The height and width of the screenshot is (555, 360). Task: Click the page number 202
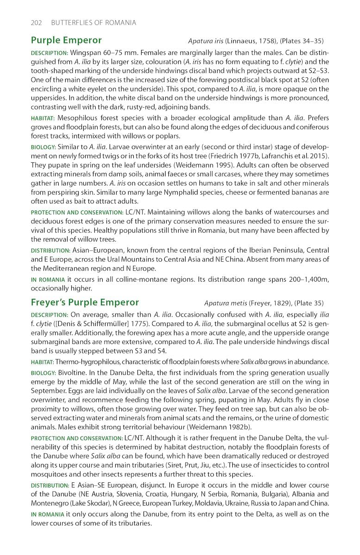(37, 23)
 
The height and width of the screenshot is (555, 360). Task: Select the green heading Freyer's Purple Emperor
(85, 302)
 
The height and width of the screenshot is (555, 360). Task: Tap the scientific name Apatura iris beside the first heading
(206, 41)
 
